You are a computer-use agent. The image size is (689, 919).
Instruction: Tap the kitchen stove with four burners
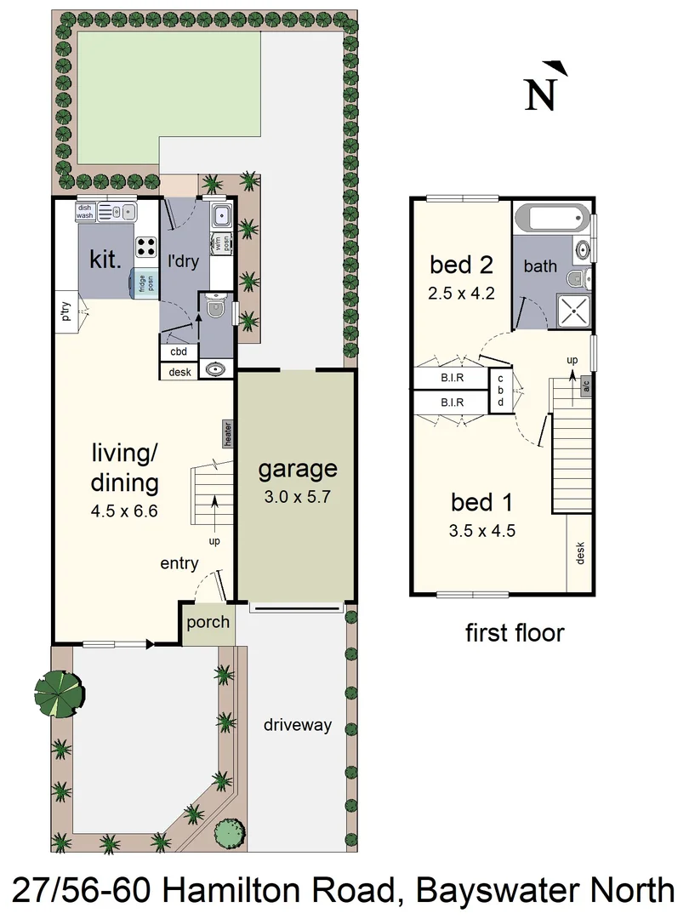tap(146, 247)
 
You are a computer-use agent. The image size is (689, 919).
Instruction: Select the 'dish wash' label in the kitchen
tap(84, 212)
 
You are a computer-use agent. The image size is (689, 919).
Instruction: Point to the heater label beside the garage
tap(229, 433)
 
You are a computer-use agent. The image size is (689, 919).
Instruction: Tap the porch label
tap(208, 622)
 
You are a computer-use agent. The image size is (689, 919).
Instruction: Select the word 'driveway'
tap(297, 725)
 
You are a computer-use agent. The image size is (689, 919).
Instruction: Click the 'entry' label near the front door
tap(179, 563)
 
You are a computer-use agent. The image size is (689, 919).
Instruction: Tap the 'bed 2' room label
tap(463, 265)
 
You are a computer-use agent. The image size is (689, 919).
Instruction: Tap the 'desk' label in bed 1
tap(580, 554)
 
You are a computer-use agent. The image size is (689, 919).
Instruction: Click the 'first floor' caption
tap(515, 633)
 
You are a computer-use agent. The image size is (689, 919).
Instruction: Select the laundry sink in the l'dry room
tap(220, 214)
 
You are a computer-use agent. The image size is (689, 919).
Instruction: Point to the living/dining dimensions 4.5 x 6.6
tap(124, 512)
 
